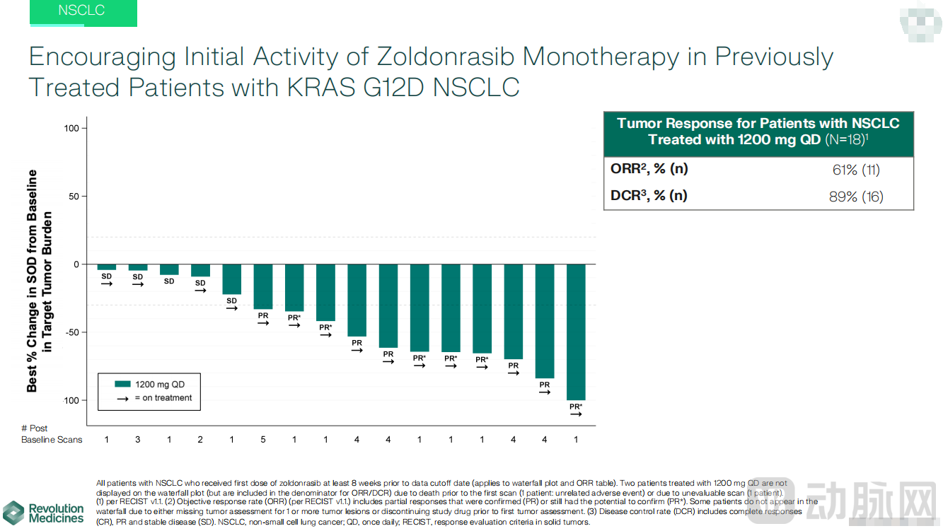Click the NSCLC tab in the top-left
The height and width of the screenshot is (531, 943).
pos(81,11)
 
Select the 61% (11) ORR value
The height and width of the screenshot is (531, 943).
pos(856,170)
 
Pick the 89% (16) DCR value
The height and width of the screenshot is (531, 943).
pos(856,197)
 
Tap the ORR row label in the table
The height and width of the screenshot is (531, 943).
pos(649,170)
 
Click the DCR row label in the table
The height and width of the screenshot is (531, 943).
pos(649,196)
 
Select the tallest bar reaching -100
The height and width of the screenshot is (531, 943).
pos(576,331)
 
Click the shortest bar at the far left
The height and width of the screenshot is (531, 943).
pos(107,267)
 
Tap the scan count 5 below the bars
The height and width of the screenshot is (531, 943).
pos(262,440)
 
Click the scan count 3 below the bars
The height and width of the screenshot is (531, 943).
pos(138,440)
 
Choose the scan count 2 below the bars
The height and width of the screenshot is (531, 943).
pos(200,440)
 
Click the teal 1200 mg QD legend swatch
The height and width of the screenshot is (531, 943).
pos(123,384)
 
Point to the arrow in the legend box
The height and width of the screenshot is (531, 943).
pos(123,398)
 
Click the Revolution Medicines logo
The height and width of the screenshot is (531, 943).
pos(44,513)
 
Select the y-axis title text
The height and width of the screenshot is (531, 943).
pos(41,281)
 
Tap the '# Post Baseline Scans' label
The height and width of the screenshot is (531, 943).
pos(51,434)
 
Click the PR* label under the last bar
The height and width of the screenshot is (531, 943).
pos(576,407)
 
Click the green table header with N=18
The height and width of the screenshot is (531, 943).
pos(758,132)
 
